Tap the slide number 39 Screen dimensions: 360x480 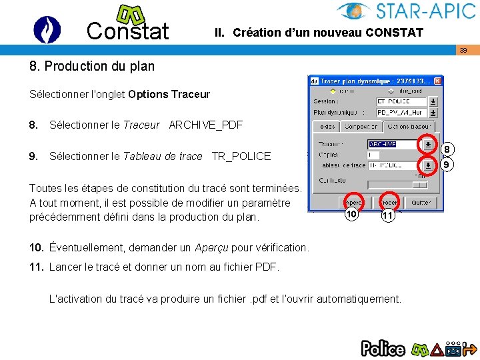pos(463,51)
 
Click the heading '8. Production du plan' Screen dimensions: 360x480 pos(92,66)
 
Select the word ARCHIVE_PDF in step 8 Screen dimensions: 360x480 pos(206,125)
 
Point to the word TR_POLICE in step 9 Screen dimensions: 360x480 pos(241,156)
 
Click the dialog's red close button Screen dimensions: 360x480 pos(437,81)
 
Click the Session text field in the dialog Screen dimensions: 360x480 pos(401,102)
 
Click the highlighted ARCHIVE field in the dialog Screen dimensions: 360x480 pos(383,144)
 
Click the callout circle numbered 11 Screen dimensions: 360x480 pos(389,215)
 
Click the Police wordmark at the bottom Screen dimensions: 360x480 pos(383,348)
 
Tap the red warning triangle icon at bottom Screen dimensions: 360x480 pos(437,348)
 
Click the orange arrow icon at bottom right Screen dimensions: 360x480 pos(470,348)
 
